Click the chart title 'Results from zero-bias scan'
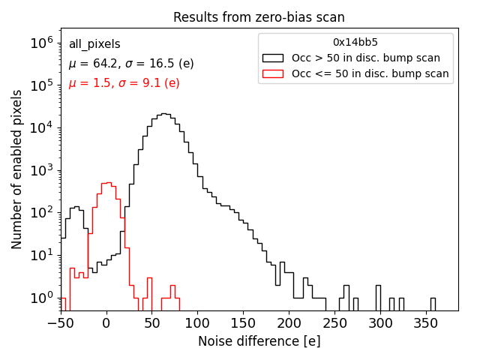pyautogui.click(x=259, y=17)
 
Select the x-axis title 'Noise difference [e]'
pyautogui.click(x=259, y=341)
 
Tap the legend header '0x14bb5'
pyautogui.click(x=355, y=42)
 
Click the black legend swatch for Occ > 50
pyautogui.click(x=273, y=58)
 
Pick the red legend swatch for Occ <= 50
pyautogui.click(x=273, y=73)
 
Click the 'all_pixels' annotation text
pyautogui.click(x=94, y=45)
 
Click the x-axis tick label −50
pyautogui.click(x=57, y=323)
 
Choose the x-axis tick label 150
pyautogui.click(x=244, y=323)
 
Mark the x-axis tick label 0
pyautogui.click(x=106, y=323)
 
